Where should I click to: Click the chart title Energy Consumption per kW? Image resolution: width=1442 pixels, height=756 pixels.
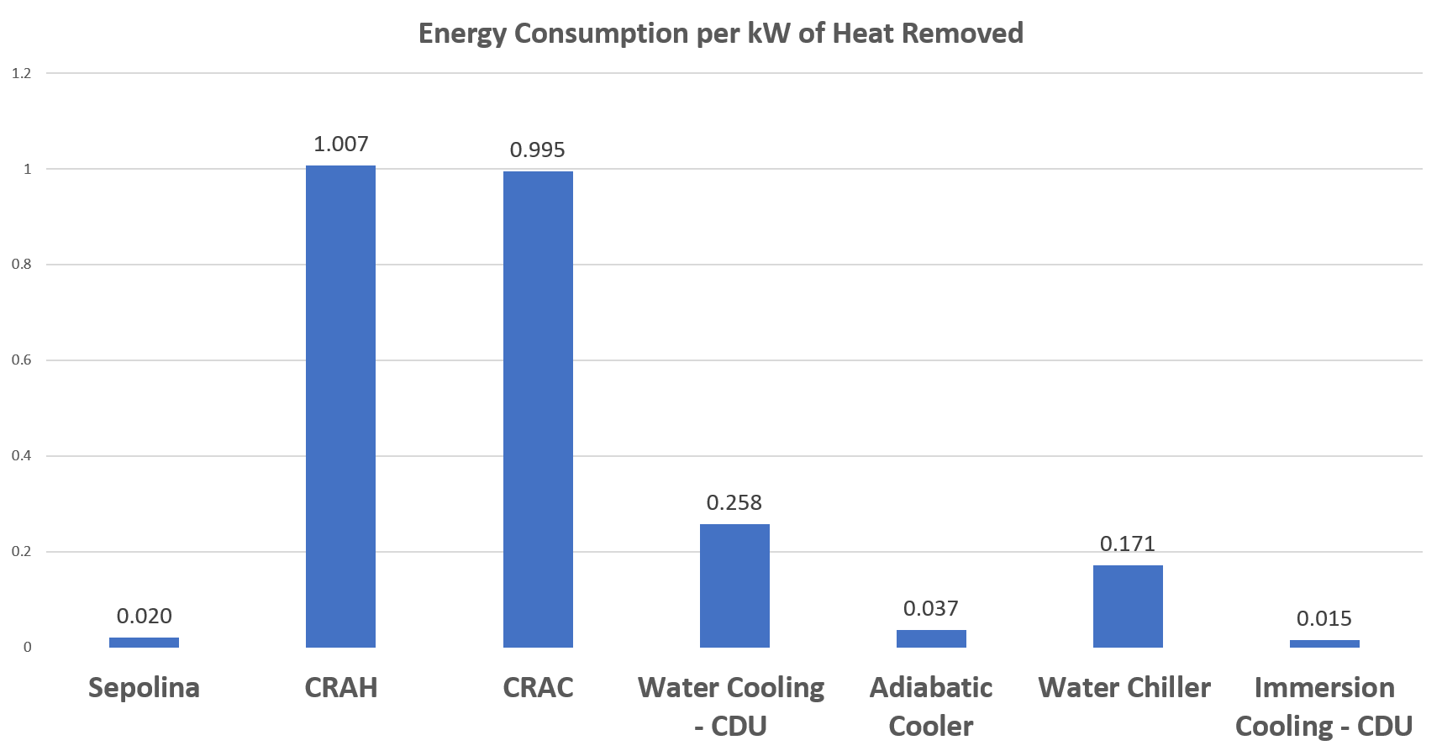(720, 34)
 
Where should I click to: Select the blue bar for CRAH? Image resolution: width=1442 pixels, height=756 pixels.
(340, 407)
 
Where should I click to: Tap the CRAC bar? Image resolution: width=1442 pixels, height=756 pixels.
(538, 410)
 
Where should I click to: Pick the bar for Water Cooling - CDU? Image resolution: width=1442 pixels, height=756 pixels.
(734, 585)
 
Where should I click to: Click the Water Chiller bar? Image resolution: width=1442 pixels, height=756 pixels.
(1128, 606)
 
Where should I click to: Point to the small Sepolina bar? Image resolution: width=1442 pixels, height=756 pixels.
(144, 643)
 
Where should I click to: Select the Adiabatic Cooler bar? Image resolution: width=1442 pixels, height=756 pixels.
(931, 638)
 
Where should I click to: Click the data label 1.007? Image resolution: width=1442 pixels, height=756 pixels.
(340, 144)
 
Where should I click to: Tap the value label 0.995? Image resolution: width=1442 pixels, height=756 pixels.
(538, 150)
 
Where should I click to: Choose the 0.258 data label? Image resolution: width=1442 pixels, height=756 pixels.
(734, 503)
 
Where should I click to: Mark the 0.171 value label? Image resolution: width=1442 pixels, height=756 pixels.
(1128, 544)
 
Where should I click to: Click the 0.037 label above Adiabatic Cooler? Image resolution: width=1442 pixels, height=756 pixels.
(931, 609)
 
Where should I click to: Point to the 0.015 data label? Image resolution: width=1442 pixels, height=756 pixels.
(1324, 619)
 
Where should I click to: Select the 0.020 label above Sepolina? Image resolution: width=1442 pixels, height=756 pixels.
(144, 617)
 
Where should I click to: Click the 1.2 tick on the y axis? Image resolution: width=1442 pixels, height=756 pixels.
(22, 74)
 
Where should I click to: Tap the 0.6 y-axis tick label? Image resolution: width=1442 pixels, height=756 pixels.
(22, 360)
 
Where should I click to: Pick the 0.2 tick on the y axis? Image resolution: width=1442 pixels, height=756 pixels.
(22, 552)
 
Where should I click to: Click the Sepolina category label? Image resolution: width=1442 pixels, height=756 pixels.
(144, 688)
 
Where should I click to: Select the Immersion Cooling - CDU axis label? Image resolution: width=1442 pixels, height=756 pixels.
(1324, 706)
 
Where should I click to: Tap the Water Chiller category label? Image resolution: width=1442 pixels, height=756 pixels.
(1124, 688)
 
